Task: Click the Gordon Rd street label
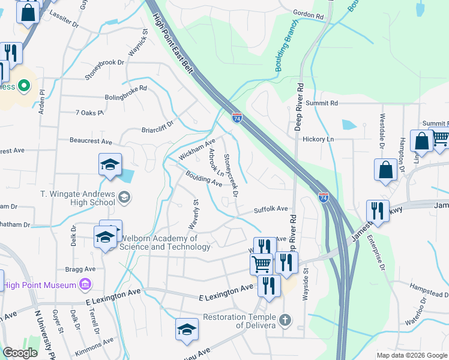tap(309, 13)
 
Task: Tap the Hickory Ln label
tap(318, 139)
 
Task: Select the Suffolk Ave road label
tap(271, 210)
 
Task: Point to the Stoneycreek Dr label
tap(231, 175)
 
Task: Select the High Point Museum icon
tap(85, 284)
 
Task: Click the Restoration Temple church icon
tap(285, 320)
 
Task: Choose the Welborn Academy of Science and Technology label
tap(158, 242)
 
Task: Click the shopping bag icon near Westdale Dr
tap(385, 169)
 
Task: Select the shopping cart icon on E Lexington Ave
tap(261, 263)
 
